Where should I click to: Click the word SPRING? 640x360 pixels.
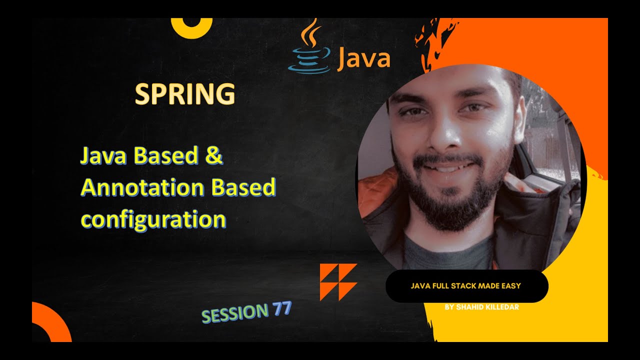185,94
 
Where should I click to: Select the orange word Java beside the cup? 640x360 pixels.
363,59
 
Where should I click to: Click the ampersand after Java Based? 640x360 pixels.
213,155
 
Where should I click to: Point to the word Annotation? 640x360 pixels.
142,187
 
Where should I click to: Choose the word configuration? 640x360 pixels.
153,219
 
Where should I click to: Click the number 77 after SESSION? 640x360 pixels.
282,309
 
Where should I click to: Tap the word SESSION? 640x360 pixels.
235,313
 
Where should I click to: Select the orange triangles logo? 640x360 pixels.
338,282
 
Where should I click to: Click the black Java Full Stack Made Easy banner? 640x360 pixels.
466,286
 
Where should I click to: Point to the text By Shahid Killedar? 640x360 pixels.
481,307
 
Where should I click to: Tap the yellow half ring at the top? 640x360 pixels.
191,27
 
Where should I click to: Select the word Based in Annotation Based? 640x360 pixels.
243,187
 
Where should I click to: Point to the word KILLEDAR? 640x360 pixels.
499,307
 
